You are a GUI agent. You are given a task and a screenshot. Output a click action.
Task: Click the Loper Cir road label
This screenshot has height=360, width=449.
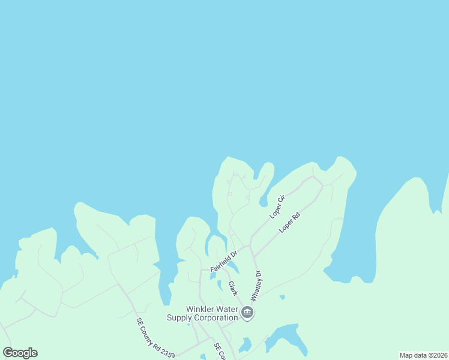click(276, 206)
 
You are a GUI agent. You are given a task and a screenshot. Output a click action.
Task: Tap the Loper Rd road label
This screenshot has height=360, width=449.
click(289, 222)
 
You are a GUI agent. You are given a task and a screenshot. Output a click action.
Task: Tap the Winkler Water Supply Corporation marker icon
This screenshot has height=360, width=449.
click(247, 313)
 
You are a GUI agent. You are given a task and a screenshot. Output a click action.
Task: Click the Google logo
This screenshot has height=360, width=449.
click(20, 352)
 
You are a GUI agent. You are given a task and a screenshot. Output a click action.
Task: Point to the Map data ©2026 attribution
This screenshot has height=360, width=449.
click(423, 355)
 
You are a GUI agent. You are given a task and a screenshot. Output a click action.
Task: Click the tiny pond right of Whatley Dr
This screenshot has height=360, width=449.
click(282, 296)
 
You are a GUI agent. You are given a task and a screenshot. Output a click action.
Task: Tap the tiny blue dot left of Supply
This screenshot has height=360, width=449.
click(188, 325)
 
